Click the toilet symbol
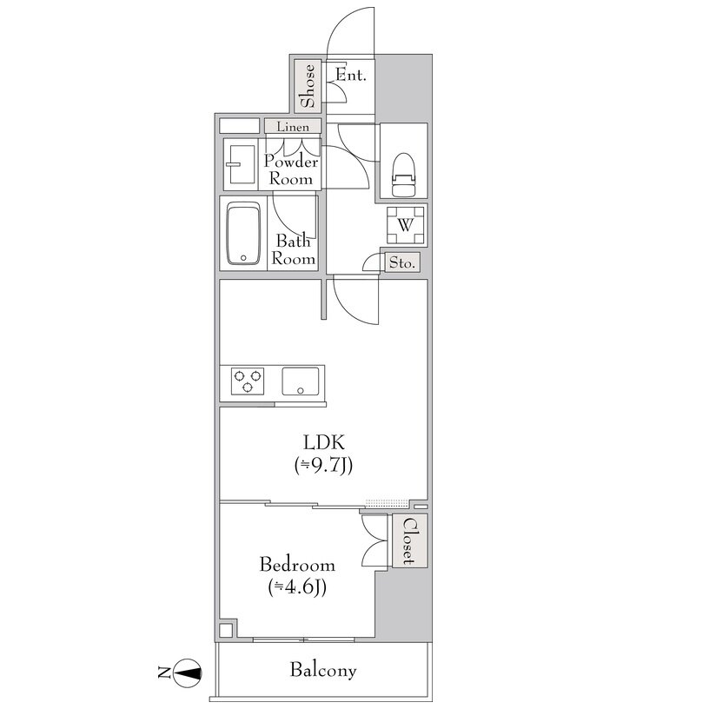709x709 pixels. coord(403,176)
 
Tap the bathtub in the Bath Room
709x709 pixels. coord(243,233)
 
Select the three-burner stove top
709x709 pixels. coord(248,381)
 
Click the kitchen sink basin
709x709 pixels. coord(301,381)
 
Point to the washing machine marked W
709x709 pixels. coord(406,225)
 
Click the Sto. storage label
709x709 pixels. coord(402,262)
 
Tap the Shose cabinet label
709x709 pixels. coord(308,86)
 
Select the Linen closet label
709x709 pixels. coord(293,127)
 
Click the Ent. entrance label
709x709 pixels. coord(351,75)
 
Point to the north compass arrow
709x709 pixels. coord(187,673)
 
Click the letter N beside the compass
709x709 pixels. coord(163,673)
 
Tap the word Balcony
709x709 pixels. coord(323,670)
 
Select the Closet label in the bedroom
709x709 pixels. coord(408,540)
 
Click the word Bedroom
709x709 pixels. coord(297,565)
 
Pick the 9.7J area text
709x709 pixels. coord(323,466)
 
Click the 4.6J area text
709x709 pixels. coord(297,587)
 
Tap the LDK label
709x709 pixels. coord(324,441)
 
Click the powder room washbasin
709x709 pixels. coord(242,164)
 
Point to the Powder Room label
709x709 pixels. coord(291,170)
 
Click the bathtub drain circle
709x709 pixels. coord(243,258)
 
